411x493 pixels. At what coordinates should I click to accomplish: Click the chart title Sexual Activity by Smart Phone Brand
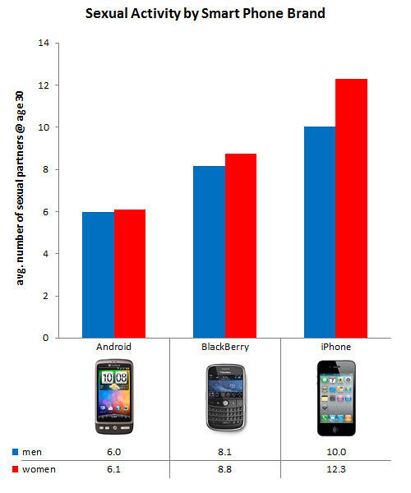click(205, 14)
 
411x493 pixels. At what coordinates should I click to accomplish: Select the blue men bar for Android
click(98, 274)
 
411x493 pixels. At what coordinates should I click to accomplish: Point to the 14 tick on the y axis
click(43, 43)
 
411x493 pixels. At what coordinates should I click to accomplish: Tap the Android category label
click(113, 348)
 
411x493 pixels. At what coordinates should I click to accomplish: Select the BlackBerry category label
click(224, 348)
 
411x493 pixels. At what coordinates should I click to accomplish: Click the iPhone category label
click(335, 348)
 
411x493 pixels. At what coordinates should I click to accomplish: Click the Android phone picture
click(113, 398)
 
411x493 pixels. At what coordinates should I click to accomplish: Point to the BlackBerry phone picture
click(224, 398)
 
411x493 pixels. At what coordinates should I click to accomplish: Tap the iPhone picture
click(335, 398)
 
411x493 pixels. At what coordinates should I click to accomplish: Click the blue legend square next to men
click(16, 452)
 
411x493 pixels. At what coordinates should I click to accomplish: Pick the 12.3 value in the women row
click(335, 468)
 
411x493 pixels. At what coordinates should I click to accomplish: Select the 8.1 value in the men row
click(224, 452)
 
